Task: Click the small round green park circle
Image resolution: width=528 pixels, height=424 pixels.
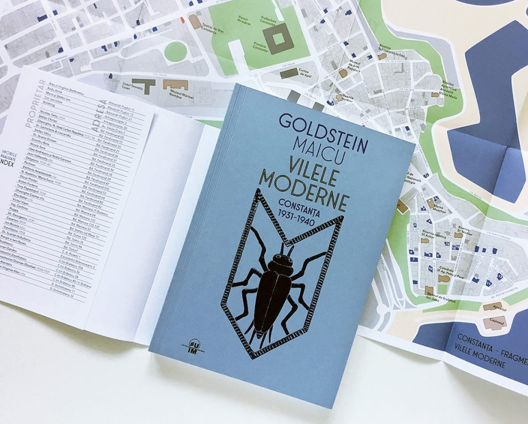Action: pyautogui.click(x=176, y=52)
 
